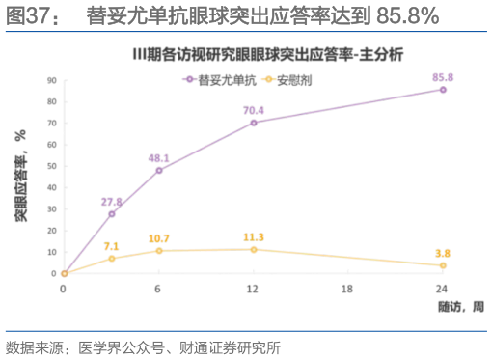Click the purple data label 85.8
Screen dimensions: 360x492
443,75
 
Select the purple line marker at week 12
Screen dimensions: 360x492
254,123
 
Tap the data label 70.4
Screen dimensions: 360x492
254,109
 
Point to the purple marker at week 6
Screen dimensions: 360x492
159,170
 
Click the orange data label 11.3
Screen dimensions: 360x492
254,236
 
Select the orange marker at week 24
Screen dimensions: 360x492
443,265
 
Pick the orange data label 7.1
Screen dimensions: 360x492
112,246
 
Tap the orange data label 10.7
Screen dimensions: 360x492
159,237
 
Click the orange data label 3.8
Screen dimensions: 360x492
443,252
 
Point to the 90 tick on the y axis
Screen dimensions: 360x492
53,80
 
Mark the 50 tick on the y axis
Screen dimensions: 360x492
53,166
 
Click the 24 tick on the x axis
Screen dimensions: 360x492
443,289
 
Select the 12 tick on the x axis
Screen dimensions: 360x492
254,289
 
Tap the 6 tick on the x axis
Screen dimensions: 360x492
159,289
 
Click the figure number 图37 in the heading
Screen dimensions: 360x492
26,15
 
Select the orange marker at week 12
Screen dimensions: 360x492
254,249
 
